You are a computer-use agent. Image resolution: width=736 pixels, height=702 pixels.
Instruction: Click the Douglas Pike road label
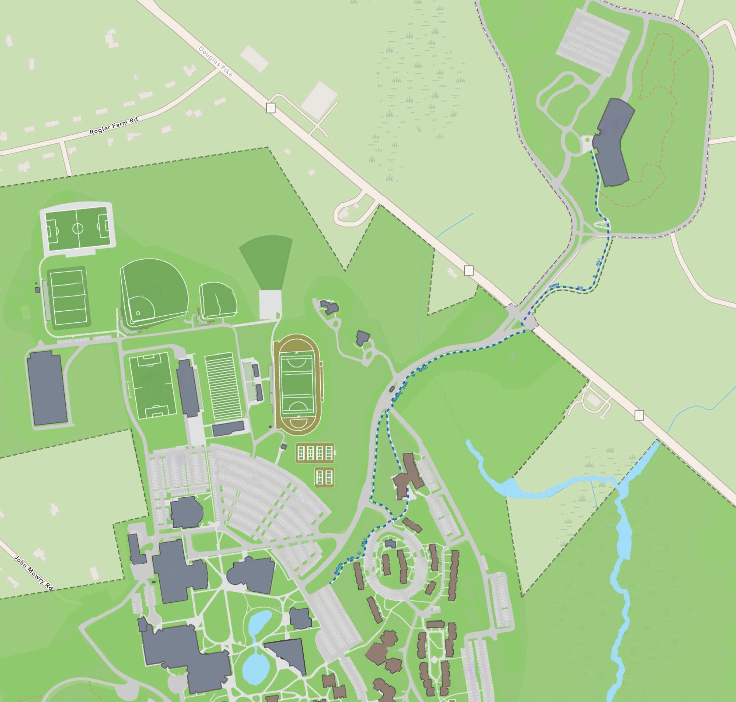pyautogui.click(x=216, y=62)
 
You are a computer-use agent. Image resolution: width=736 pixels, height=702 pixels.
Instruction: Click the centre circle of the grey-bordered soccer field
pyautogui.click(x=78, y=227)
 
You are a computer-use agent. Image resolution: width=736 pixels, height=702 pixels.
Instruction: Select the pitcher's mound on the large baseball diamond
pyautogui.click(x=138, y=313)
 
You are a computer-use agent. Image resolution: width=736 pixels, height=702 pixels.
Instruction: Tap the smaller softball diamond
pyautogui.click(x=217, y=300)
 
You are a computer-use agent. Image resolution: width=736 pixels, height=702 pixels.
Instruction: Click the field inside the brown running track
pyautogui.click(x=297, y=379)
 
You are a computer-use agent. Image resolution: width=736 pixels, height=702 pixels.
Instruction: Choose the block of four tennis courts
pyautogui.click(x=315, y=453)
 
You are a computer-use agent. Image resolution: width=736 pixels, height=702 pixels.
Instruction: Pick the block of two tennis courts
pyautogui.click(x=324, y=477)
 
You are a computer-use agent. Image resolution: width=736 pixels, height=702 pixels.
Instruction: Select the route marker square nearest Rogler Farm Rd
pyautogui.click(x=270, y=108)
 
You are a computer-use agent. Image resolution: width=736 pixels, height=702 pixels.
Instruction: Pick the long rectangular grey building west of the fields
pyautogui.click(x=48, y=388)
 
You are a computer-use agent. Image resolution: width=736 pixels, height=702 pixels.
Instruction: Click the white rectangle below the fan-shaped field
pyautogui.click(x=270, y=305)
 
